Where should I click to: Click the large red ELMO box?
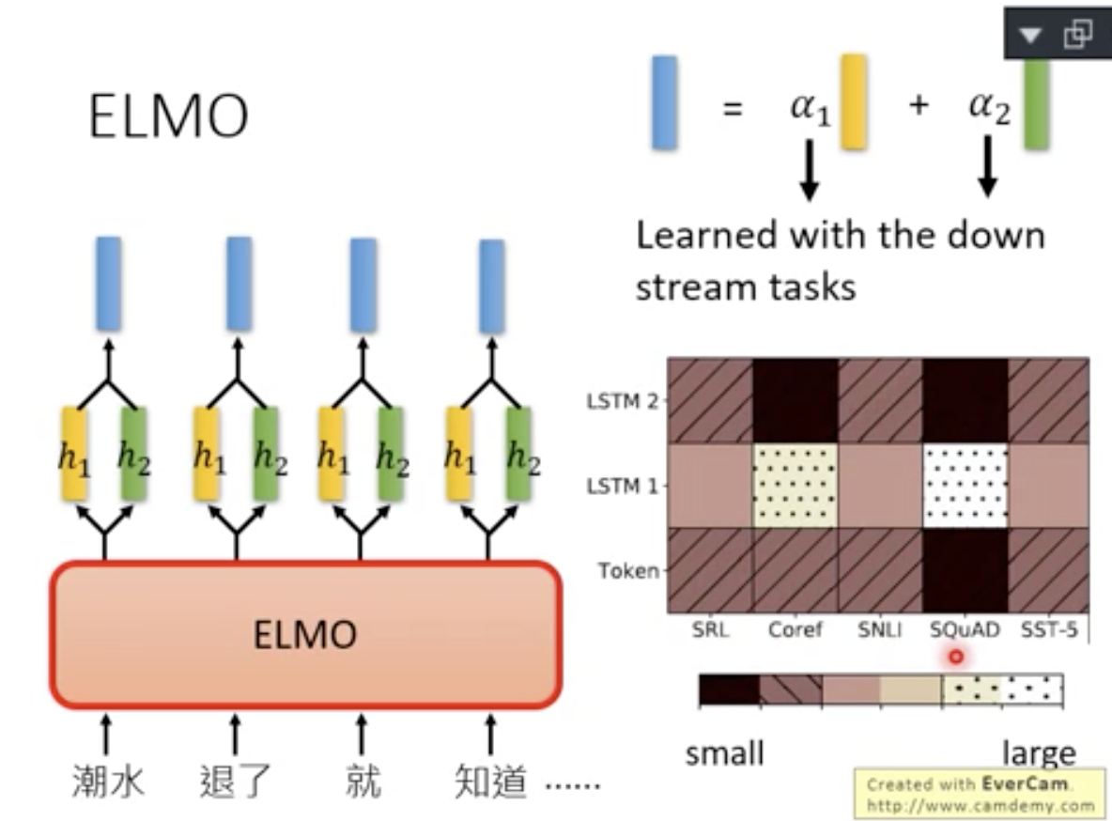click(305, 634)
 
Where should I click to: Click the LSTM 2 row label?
click(622, 401)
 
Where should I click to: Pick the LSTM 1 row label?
click(622, 487)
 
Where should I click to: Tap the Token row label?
click(628, 570)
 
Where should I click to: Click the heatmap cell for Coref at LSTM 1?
click(795, 486)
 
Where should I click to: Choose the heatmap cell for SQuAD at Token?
click(965, 570)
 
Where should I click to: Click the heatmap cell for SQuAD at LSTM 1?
click(965, 486)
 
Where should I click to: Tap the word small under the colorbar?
click(724, 753)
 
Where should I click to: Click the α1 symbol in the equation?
click(810, 106)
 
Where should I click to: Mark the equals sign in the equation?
click(733, 107)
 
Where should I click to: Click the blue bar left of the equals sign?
click(664, 102)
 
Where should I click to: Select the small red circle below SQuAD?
click(956, 657)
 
